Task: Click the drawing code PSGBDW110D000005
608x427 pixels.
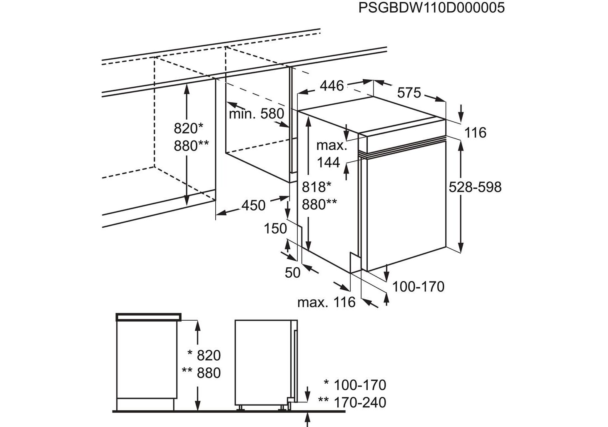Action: tap(431, 8)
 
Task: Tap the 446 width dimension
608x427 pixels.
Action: tap(332, 86)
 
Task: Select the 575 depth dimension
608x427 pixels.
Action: tap(409, 93)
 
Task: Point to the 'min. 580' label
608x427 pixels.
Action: tap(256, 113)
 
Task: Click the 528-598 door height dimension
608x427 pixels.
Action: tap(475, 187)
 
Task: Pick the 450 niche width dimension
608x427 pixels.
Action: tap(253, 205)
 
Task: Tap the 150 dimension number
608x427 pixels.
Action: tap(275, 229)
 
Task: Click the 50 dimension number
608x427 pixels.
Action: tap(293, 272)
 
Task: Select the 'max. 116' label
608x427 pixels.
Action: tap(326, 302)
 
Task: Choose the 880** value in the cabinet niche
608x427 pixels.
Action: tap(191, 146)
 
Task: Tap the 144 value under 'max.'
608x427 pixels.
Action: tap(329, 162)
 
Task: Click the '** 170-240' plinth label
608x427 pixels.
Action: tap(352, 402)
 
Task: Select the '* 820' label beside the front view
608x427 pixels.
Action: tap(204, 355)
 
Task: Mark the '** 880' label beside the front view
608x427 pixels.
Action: tap(202, 373)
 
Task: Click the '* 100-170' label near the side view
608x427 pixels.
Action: tap(355, 384)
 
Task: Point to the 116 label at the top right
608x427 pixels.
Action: tap(475, 133)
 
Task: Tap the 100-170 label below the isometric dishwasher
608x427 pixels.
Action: tap(419, 286)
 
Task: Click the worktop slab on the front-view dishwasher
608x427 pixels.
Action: tap(149, 316)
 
